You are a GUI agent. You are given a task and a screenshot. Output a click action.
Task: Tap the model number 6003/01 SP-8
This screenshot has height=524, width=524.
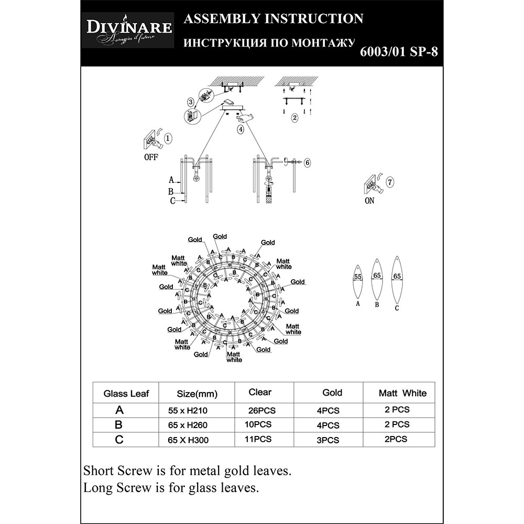399,52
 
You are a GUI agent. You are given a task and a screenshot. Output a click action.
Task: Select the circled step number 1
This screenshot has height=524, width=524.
168,139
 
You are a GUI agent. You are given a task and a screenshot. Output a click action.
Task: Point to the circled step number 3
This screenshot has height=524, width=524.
190,101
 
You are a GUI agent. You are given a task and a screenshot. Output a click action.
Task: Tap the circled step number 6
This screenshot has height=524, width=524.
307,163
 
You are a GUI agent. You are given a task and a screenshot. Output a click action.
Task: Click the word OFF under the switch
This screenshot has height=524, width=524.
150,157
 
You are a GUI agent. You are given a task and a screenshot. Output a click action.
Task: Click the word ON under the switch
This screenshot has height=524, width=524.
369,201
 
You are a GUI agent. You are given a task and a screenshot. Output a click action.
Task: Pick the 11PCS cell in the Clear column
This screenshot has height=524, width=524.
259,440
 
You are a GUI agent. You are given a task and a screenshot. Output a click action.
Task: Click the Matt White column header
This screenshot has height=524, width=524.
402,393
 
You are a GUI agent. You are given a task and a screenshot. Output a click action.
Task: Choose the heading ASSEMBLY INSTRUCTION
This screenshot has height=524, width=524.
272,19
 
